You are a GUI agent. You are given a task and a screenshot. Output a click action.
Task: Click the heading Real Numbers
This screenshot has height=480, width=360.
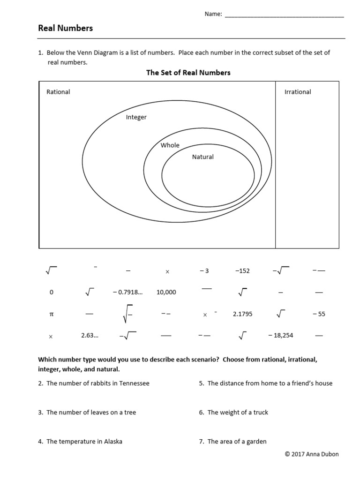[65, 28]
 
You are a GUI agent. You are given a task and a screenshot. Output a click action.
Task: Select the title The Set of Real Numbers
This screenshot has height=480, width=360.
[188, 73]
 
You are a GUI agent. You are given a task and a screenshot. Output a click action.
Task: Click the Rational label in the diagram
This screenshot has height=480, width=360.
[58, 92]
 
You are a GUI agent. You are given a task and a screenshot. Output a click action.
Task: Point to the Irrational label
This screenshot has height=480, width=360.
[298, 92]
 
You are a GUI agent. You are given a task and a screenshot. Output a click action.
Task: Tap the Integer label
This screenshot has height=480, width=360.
[136, 117]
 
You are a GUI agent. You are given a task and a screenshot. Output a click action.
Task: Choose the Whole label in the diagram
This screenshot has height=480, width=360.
[170, 145]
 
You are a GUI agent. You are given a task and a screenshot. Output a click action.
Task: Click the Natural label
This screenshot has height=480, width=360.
[203, 157]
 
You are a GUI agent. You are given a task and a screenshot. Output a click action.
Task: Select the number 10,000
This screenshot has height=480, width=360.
[166, 292]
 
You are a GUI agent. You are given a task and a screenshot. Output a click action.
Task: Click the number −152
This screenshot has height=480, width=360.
[242, 271]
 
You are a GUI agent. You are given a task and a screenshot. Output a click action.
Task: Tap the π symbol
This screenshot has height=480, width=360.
[52, 314]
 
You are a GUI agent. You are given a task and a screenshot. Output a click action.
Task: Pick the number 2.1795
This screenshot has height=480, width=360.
[242, 314]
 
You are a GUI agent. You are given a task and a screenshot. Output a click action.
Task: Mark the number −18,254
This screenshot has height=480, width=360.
[281, 336]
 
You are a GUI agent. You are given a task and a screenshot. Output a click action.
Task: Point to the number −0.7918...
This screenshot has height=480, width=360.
[127, 292]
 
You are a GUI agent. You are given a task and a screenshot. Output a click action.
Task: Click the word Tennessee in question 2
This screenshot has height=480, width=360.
[134, 383]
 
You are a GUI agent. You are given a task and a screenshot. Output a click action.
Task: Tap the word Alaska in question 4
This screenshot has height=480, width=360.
[112, 442]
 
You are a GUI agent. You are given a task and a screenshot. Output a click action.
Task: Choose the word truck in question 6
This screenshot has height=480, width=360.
[260, 412]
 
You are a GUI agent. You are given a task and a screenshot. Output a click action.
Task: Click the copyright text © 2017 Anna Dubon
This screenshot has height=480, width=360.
[312, 454]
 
